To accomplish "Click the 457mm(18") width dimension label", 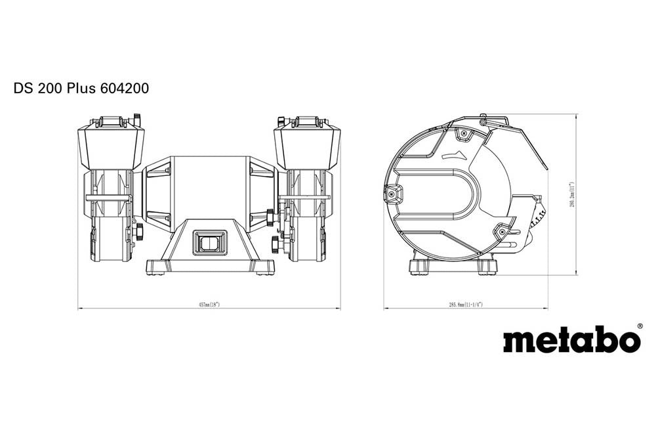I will point(209,305).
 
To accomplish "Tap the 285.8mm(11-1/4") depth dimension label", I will point(465,305).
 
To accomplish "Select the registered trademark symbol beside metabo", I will point(640,326).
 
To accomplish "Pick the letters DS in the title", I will point(23,88).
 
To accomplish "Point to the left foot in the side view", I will point(420,267).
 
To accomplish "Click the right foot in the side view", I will point(486,267).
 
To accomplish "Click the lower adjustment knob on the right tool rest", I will point(275,245).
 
